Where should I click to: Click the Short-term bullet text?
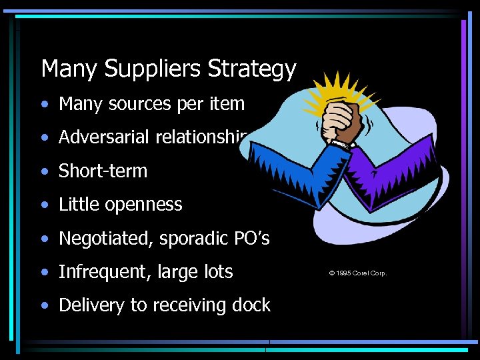pos(103,171)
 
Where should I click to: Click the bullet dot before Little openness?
pos(45,205)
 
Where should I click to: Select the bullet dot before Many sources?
pos(45,105)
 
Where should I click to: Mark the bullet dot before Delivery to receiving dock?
pos(45,306)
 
